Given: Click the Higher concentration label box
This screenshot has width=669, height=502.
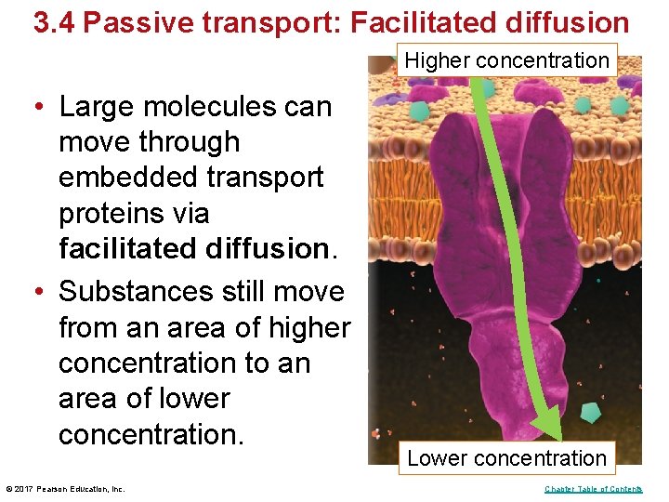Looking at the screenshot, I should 507,61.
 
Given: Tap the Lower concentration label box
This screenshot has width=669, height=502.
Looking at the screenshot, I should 506,458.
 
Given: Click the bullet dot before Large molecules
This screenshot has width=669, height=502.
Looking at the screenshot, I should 42,107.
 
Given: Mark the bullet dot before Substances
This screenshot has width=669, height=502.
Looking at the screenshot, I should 42,291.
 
